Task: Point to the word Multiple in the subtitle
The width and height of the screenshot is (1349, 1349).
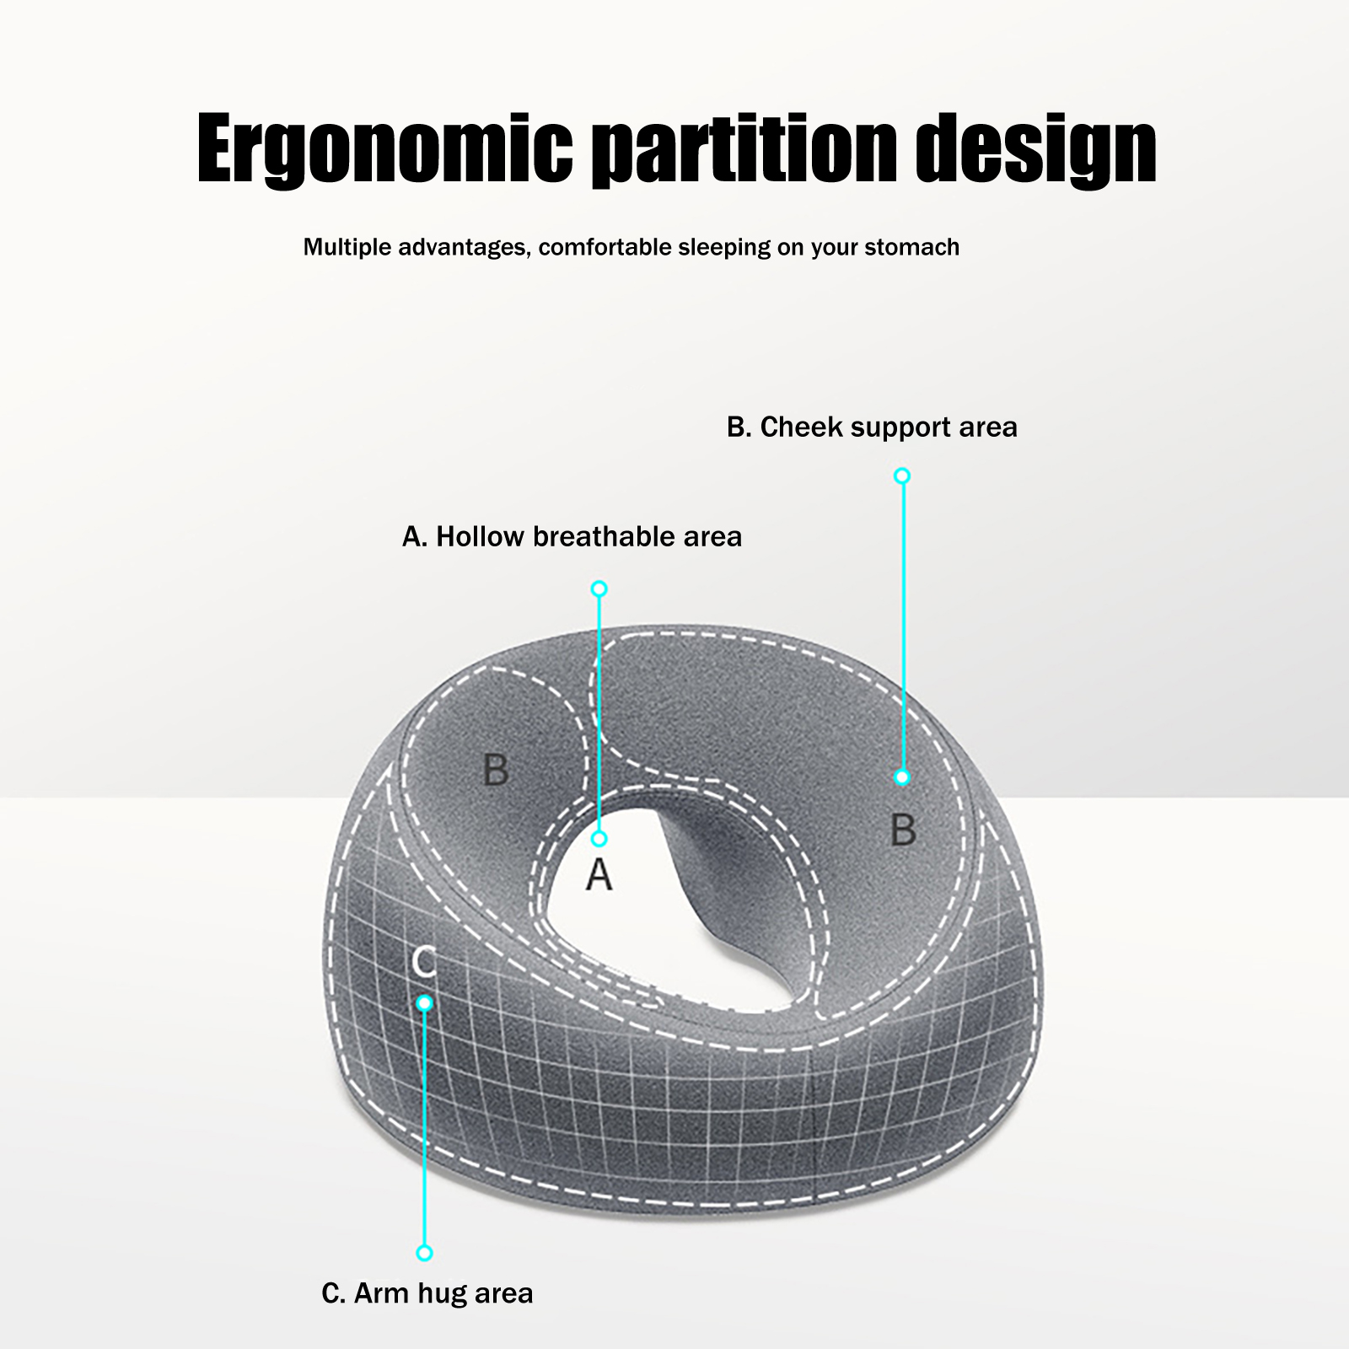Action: (x=347, y=247)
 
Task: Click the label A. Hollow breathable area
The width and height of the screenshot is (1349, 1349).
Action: (x=572, y=536)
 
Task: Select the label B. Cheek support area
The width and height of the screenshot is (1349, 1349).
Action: (x=872, y=427)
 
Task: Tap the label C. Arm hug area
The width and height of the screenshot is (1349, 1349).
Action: (x=427, y=1293)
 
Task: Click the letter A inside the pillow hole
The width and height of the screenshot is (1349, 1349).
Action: (x=599, y=875)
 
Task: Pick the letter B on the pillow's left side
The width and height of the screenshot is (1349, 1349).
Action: (x=496, y=769)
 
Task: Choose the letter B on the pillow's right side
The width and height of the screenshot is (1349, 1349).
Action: (x=903, y=830)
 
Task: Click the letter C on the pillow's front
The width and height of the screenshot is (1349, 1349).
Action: (x=424, y=962)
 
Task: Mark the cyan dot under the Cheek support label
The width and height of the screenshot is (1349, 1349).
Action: (x=902, y=476)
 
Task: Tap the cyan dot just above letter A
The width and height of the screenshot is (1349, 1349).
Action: (x=599, y=839)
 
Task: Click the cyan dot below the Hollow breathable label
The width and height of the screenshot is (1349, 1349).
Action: (x=599, y=589)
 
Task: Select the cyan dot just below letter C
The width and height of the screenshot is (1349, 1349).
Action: (x=424, y=1003)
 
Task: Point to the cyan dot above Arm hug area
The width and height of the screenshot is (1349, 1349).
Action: (x=424, y=1253)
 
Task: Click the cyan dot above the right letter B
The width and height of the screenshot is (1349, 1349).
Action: (x=902, y=777)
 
